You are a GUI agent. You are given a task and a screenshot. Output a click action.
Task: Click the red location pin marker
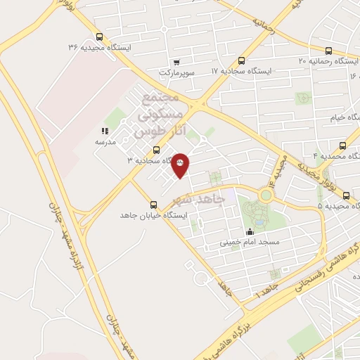pyautogui.click(x=181, y=165)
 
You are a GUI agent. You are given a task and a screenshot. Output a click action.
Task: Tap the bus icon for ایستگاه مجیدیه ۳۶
pyautogui.click(x=98, y=37)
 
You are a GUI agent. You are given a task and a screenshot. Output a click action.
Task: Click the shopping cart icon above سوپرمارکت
pyautogui.click(x=176, y=62)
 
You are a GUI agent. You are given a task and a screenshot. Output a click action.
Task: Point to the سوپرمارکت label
pyautogui.click(x=176, y=72)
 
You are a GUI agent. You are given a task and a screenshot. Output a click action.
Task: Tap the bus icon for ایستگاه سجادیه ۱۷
pyautogui.click(x=242, y=61)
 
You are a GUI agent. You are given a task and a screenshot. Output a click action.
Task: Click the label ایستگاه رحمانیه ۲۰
pyautogui.click(x=323, y=61)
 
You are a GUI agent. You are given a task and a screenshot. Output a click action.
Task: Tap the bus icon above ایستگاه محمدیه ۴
pyautogui.click(x=342, y=146)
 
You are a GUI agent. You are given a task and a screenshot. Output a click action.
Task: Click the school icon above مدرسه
pyautogui.click(x=105, y=131)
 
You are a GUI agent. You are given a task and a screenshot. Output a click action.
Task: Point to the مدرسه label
pyautogui.click(x=105, y=141)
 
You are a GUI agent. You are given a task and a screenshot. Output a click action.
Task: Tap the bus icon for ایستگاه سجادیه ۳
pyautogui.click(x=156, y=150)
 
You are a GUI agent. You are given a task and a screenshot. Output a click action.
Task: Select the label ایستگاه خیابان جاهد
pyautogui.click(x=153, y=214)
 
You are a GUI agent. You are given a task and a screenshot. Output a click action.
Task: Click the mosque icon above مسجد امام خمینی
pyautogui.click(x=249, y=232)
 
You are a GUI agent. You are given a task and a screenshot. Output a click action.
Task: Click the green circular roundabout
pyautogui.click(x=266, y=195)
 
